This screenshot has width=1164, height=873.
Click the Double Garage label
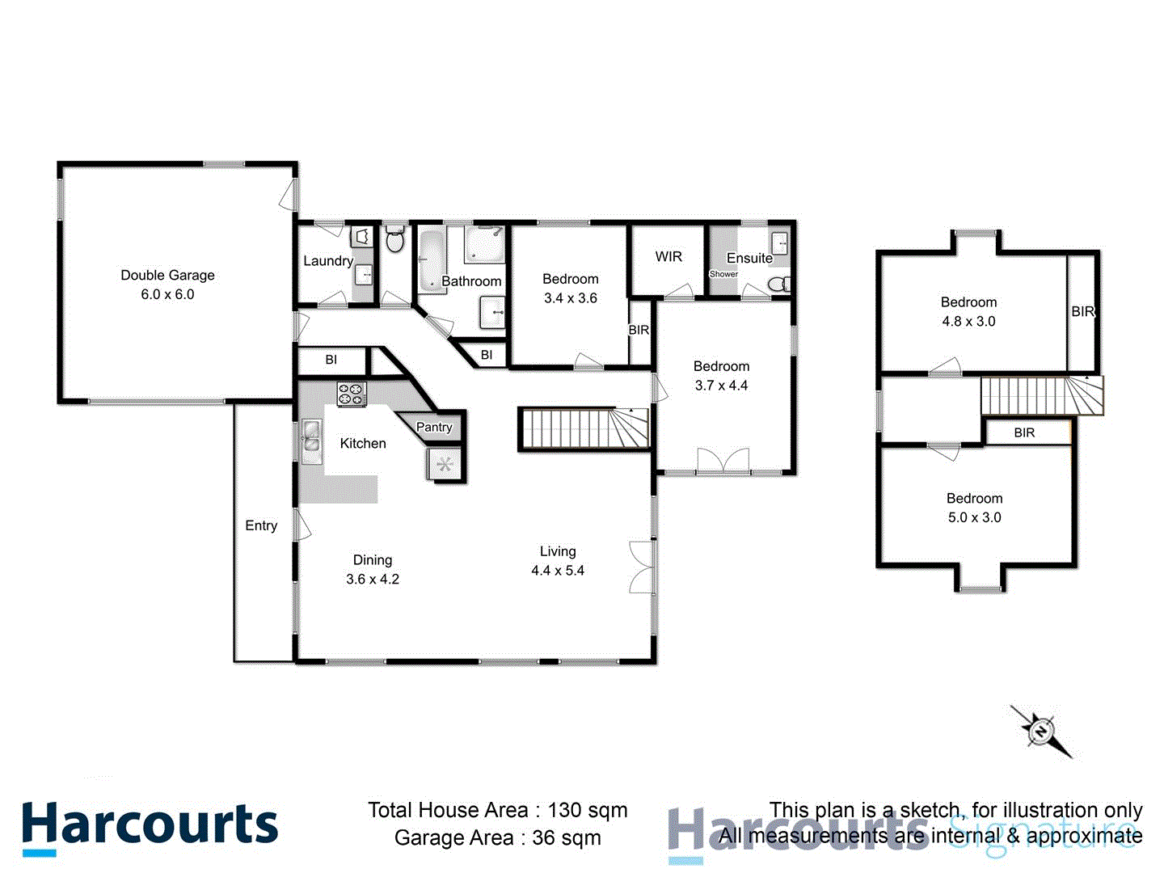click(167, 275)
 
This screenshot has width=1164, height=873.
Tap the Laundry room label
click(327, 260)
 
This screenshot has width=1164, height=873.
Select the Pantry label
click(434, 427)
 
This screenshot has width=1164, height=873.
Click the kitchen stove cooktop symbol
click(352, 394)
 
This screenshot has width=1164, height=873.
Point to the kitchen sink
click(311, 436)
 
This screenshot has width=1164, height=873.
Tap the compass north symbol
click(1041, 731)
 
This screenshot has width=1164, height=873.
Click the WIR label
click(668, 256)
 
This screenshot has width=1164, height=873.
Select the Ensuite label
click(749, 258)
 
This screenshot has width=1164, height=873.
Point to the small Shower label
click(723, 274)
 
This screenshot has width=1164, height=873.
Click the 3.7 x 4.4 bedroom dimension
click(721, 386)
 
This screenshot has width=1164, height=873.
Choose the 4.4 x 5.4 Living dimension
click(558, 571)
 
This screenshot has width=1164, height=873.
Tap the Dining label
click(373, 559)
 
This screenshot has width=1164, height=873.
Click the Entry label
click(261, 525)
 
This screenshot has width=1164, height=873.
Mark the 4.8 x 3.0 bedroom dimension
click(968, 321)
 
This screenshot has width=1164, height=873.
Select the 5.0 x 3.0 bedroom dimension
click(974, 517)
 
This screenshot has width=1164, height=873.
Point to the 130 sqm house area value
click(588, 810)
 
